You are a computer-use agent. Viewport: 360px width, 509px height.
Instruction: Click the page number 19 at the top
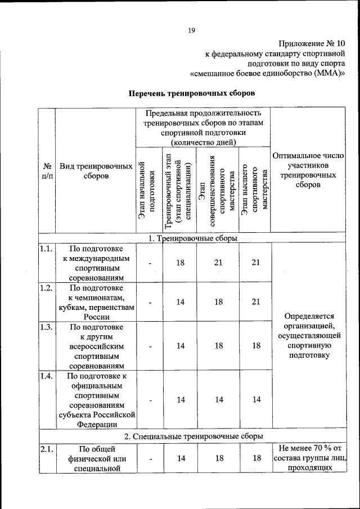[x=191, y=30]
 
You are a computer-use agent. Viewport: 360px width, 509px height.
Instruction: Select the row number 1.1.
[x=46, y=247]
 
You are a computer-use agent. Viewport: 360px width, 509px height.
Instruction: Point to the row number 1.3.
[x=46, y=327]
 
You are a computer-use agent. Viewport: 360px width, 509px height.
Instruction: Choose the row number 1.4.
[x=46, y=377]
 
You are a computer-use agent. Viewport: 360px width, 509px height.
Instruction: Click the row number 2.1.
[x=46, y=448]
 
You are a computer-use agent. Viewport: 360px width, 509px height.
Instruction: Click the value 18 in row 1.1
[x=181, y=263]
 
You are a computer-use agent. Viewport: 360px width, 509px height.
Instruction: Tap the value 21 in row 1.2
[x=256, y=302]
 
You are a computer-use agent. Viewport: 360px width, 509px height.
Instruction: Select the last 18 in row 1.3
[x=256, y=346]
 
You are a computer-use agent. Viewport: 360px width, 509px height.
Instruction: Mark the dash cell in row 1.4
[x=150, y=400]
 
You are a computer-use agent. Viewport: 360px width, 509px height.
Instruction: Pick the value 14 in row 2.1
[x=181, y=458]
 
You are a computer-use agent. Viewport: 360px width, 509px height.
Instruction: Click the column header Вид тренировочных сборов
[x=96, y=171]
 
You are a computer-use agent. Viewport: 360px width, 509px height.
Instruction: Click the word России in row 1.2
[x=96, y=317]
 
